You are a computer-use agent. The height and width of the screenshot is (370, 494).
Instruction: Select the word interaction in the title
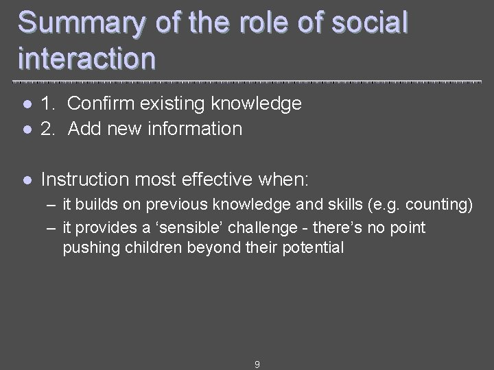(87, 58)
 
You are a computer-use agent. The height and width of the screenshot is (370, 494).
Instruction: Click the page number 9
(257, 365)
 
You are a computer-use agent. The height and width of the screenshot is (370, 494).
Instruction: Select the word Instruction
(85, 180)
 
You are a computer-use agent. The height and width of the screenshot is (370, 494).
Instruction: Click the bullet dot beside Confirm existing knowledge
(25, 105)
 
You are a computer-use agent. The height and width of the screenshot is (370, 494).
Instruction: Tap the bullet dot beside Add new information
(25, 129)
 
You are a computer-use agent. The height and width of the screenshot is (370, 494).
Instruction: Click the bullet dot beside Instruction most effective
(25, 181)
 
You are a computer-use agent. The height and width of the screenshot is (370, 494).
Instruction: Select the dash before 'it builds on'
(51, 205)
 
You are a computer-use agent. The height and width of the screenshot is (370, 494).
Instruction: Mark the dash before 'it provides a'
(51, 227)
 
